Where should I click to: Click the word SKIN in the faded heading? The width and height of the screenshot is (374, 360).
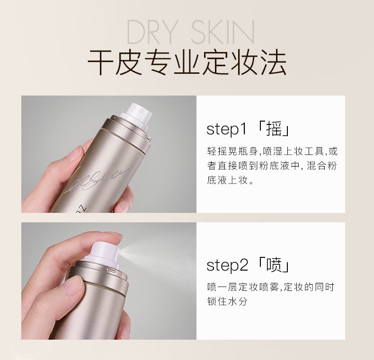[x=223, y=32]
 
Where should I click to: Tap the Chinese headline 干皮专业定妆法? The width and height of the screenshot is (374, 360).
[x=187, y=62]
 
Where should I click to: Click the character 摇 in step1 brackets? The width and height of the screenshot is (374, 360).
[x=274, y=129]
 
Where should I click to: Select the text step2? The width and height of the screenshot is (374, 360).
[x=227, y=265]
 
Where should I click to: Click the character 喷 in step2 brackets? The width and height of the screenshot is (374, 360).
[x=274, y=265]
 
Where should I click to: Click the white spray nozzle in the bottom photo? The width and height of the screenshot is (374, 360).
[x=104, y=253]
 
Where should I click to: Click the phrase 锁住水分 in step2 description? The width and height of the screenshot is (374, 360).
[x=227, y=302]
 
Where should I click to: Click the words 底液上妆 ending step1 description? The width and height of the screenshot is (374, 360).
[x=227, y=180]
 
